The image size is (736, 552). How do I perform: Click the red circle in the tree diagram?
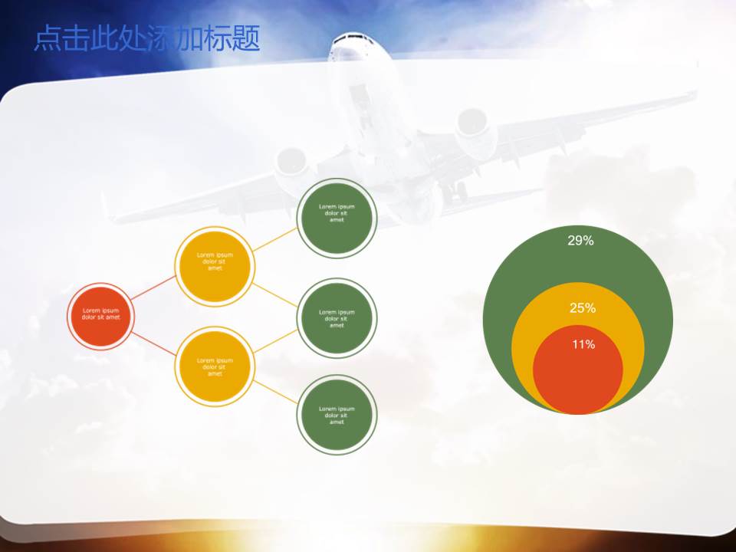click(101, 317)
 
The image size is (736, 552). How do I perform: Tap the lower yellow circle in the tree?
click(215, 366)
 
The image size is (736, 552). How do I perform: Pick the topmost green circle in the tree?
click(337, 217)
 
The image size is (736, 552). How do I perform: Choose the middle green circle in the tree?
click(337, 317)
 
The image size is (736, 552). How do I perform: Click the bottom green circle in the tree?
click(337, 415)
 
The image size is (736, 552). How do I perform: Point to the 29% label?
click(580, 241)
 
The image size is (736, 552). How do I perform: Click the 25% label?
click(583, 308)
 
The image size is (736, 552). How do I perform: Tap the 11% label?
click(583, 344)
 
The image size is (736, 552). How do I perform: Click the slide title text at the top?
click(146, 38)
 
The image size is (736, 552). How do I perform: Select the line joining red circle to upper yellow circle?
click(153, 287)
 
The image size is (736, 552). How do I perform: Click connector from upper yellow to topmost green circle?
click(275, 239)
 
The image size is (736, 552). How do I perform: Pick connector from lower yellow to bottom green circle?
click(275, 392)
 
